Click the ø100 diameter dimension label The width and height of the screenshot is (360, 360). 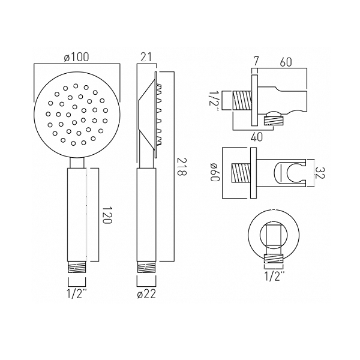[x=76, y=57]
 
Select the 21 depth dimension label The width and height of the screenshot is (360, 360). [x=146, y=57]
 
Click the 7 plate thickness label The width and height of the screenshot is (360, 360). [x=256, y=62]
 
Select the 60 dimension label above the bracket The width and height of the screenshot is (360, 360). [x=286, y=62]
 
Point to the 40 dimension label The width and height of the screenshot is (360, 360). [x=256, y=137]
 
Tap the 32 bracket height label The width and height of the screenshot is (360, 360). [x=319, y=173]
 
